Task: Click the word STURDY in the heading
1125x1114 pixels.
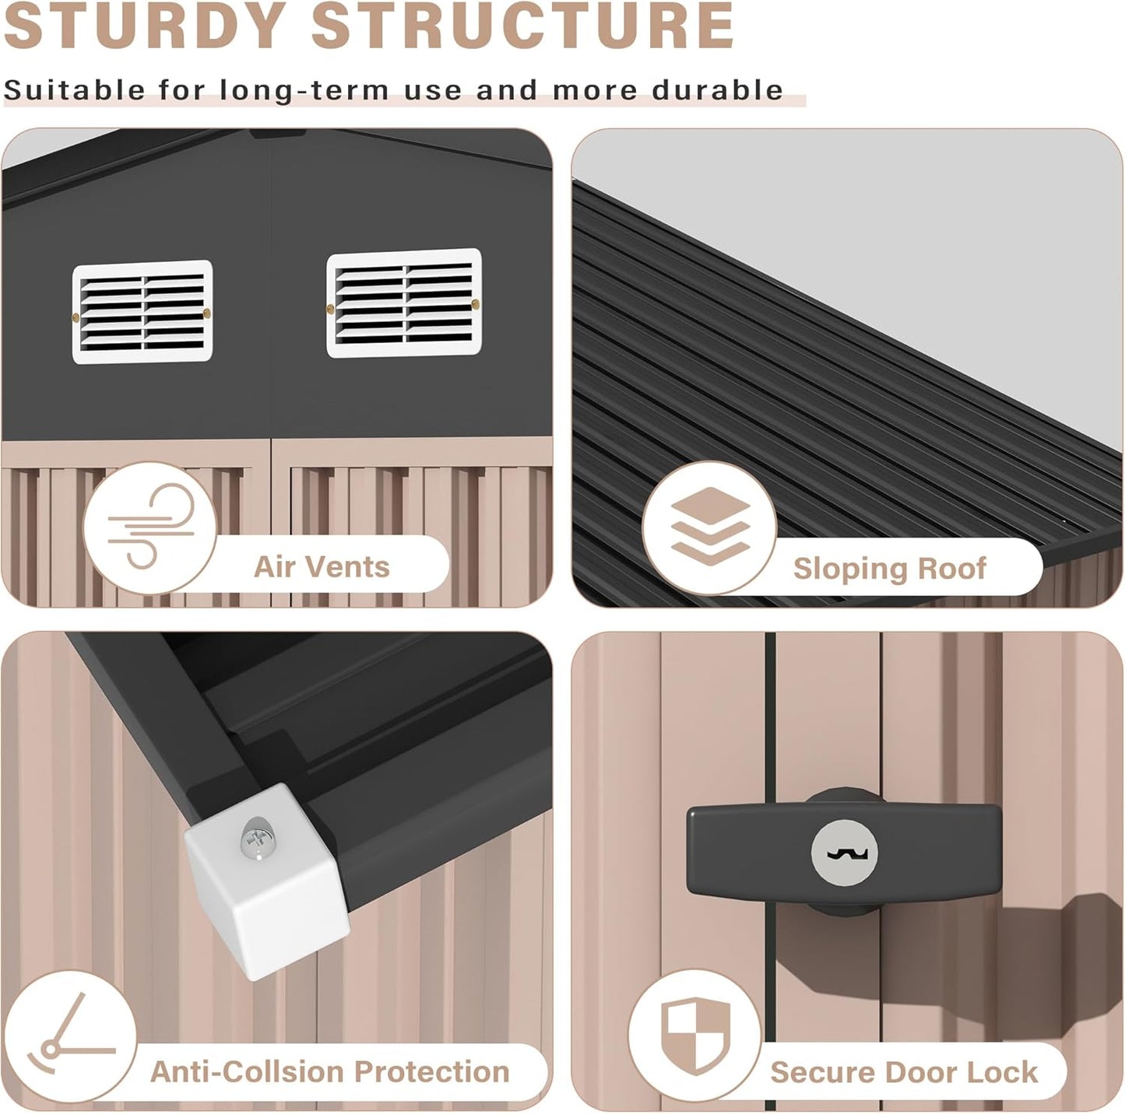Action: click(x=146, y=26)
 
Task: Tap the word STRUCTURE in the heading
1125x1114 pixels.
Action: click(x=522, y=26)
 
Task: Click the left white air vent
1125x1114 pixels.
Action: click(x=142, y=312)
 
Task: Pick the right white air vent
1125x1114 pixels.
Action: click(x=404, y=303)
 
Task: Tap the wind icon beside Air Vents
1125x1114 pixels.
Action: click(x=150, y=527)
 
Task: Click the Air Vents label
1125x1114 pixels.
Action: click(x=322, y=566)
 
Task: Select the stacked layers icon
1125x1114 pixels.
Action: click(x=710, y=526)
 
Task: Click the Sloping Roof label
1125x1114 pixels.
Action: click(x=889, y=569)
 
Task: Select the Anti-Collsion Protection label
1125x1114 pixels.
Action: click(x=330, y=1071)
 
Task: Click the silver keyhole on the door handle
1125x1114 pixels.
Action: click(x=844, y=853)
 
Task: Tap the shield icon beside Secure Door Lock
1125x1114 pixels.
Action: click(x=696, y=1035)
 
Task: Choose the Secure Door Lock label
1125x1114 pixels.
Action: click(x=903, y=1072)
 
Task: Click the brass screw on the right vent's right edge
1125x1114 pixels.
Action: click(x=475, y=304)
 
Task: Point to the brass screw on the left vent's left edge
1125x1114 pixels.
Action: click(x=76, y=317)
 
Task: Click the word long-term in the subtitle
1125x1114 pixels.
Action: click(x=304, y=91)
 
